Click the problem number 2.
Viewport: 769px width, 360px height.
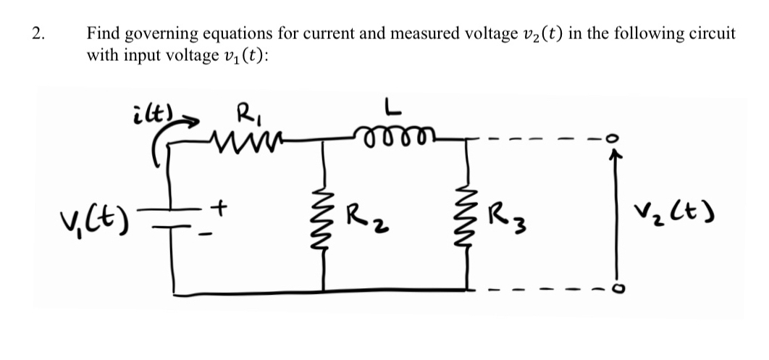(x=38, y=33)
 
